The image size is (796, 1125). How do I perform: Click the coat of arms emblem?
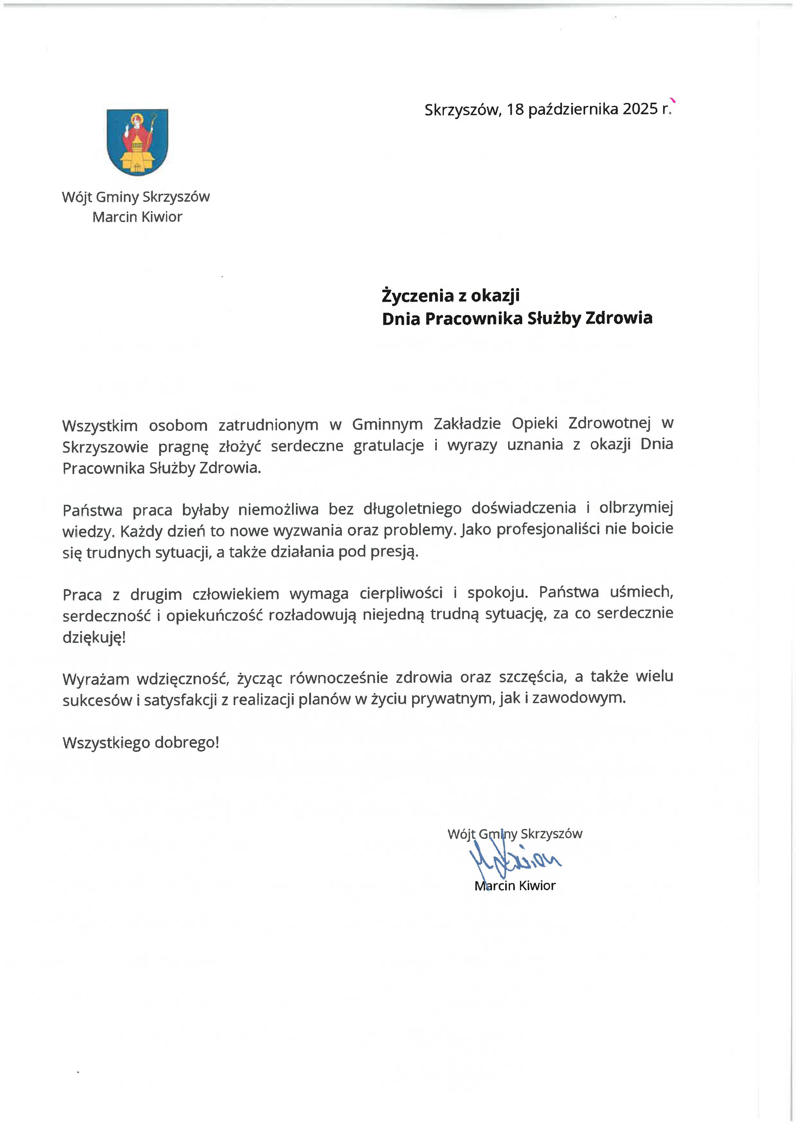137,142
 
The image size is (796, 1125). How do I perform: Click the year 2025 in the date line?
640,109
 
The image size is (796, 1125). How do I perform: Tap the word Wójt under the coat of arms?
76,197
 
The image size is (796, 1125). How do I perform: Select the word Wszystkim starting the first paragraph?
100,425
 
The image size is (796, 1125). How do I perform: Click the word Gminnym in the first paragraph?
387,424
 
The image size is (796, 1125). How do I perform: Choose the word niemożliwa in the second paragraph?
278,510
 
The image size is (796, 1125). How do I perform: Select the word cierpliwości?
401,593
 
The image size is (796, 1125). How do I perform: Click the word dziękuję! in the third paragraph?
94,637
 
